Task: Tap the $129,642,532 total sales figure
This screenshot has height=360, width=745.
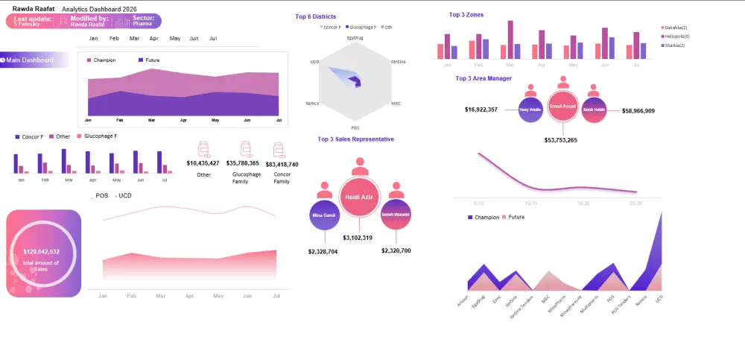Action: [42, 252]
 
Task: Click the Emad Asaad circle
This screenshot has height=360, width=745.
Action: [562, 107]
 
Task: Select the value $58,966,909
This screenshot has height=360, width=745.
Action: [638, 110]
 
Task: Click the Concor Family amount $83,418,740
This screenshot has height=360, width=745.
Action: [282, 164]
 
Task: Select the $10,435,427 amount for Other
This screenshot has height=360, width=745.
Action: [203, 162]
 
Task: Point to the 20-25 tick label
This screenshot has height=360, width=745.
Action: [635, 202]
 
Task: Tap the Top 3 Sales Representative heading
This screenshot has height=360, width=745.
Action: [355, 139]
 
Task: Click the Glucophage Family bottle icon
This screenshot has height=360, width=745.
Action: [244, 149]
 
